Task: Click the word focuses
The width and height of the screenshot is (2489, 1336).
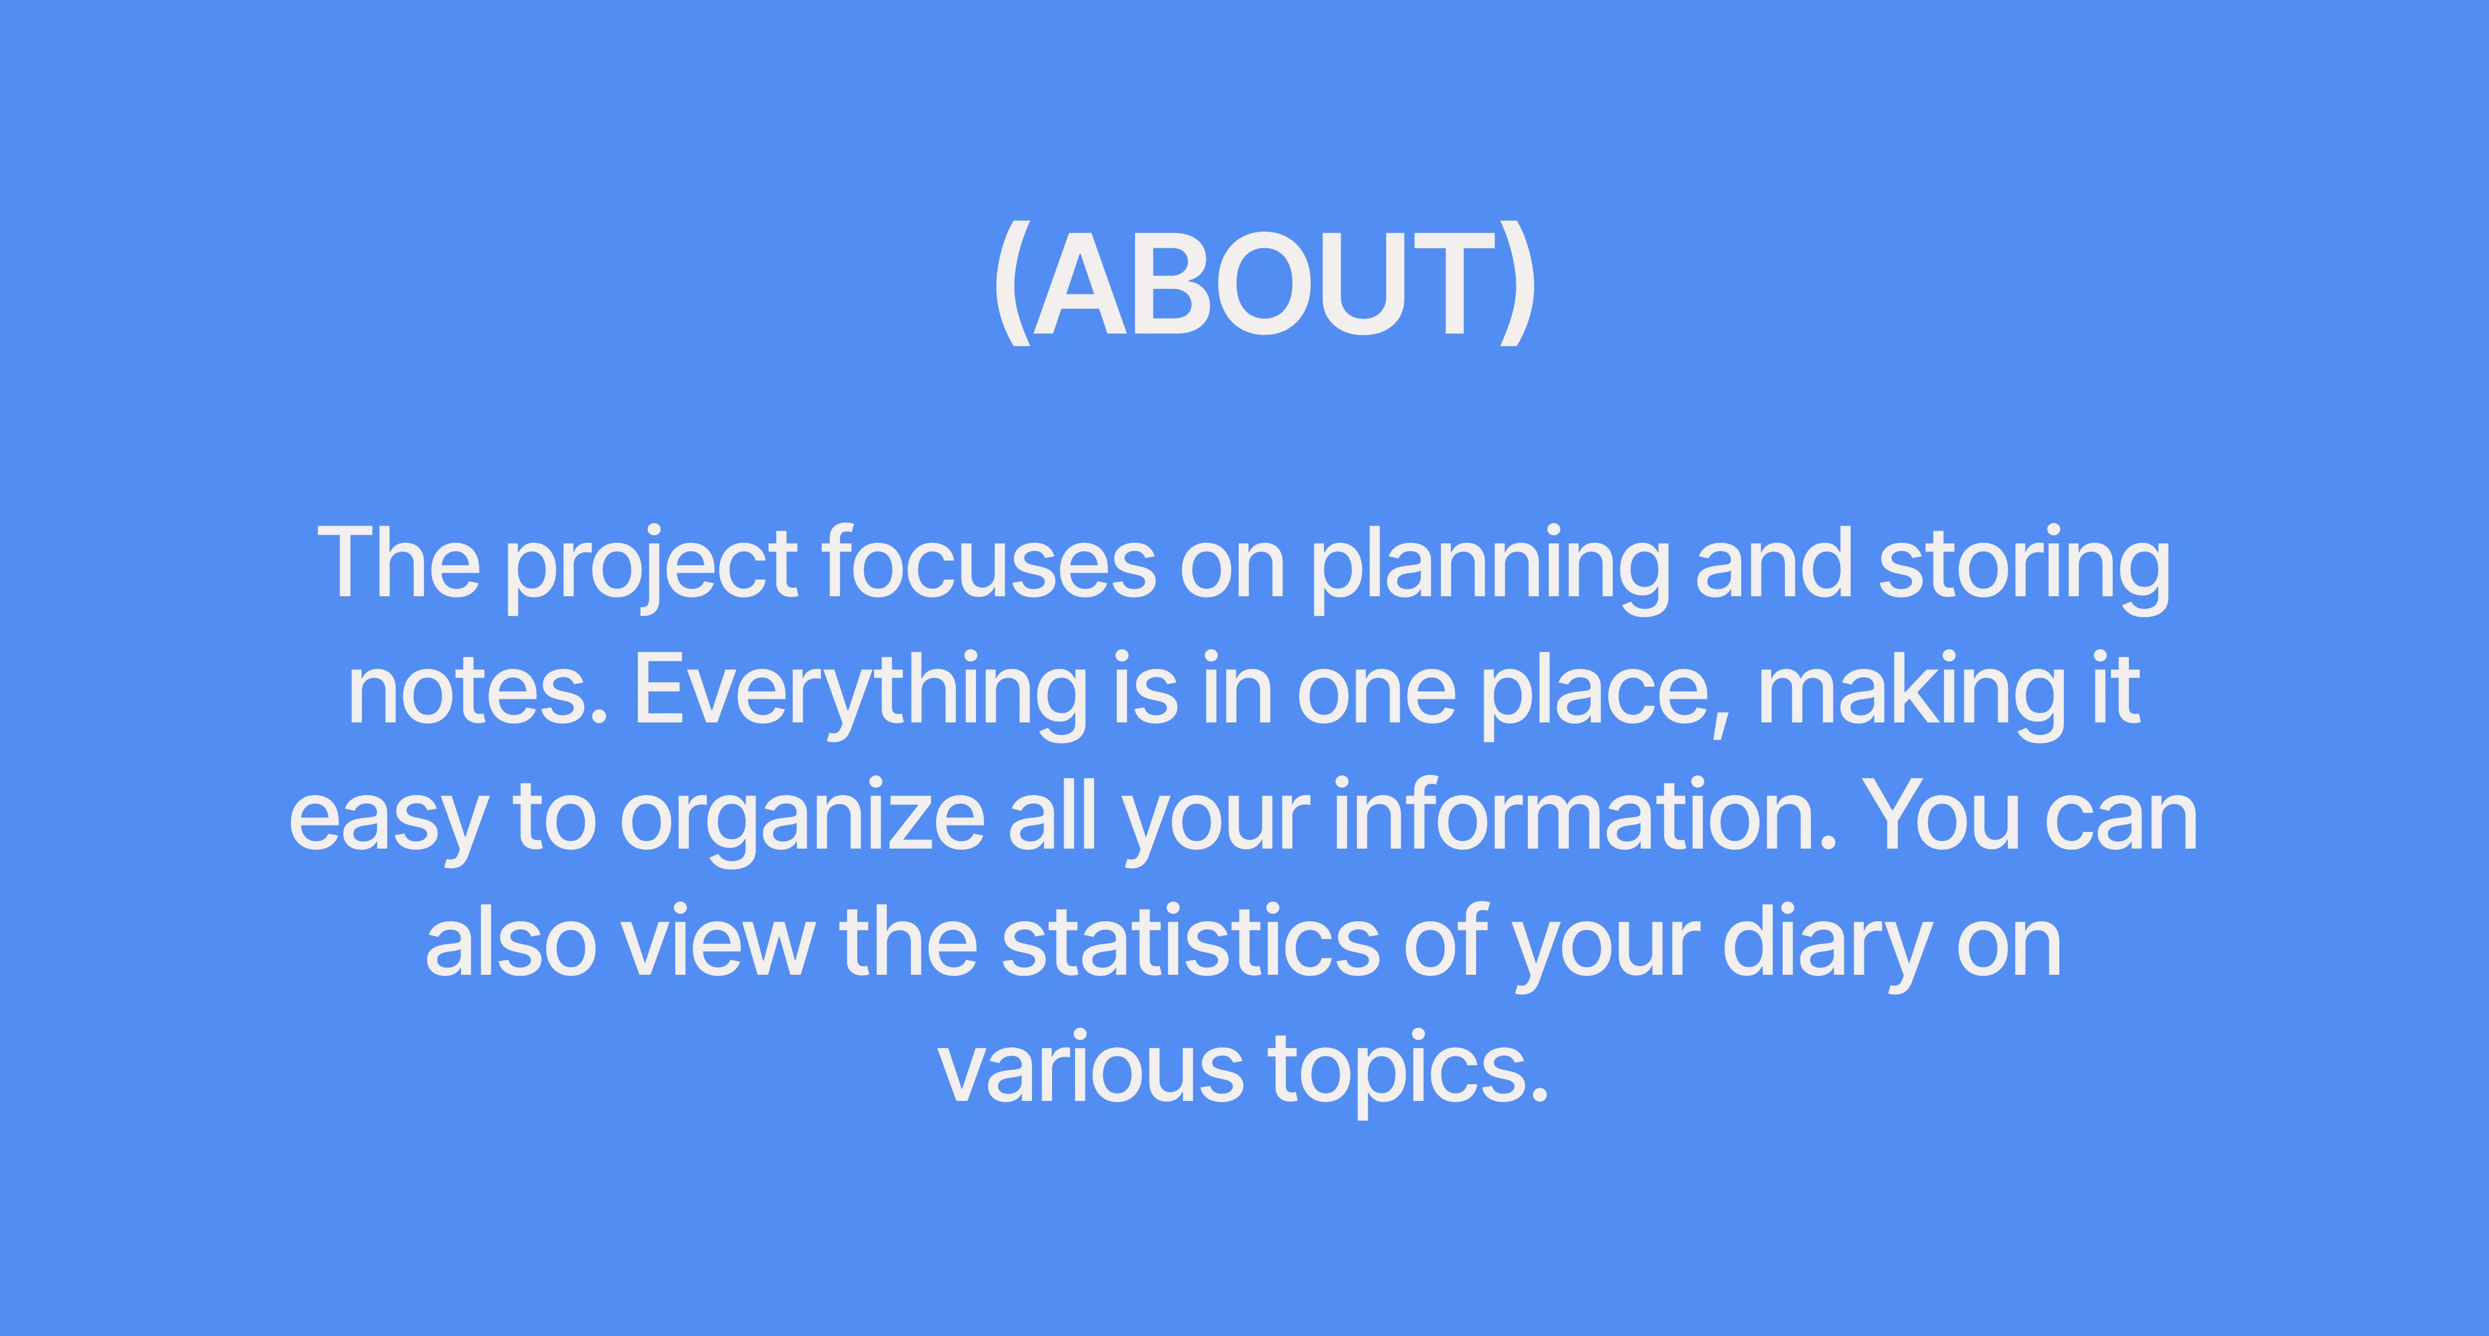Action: click(x=989, y=562)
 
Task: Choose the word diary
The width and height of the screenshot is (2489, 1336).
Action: click(x=1827, y=947)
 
